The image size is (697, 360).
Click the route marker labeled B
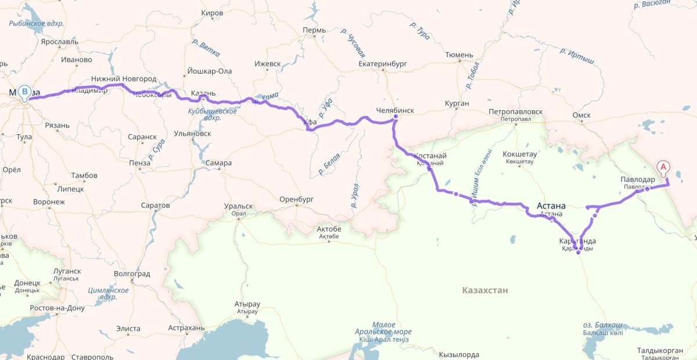pos(24,92)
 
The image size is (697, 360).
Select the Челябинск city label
pos(396,110)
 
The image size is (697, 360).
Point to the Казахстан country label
pos(485,290)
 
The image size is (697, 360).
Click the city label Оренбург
pos(296,199)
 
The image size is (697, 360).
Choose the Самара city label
pos(218,163)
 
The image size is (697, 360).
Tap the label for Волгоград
pos(132,273)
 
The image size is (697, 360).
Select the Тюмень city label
pos(459,55)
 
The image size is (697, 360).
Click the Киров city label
pos(211,13)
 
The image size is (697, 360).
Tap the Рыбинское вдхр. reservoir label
pos(37,24)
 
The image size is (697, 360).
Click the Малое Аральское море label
pos(383,329)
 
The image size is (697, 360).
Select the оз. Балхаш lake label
pos(603,325)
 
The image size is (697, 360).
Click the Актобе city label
pos(329,229)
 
